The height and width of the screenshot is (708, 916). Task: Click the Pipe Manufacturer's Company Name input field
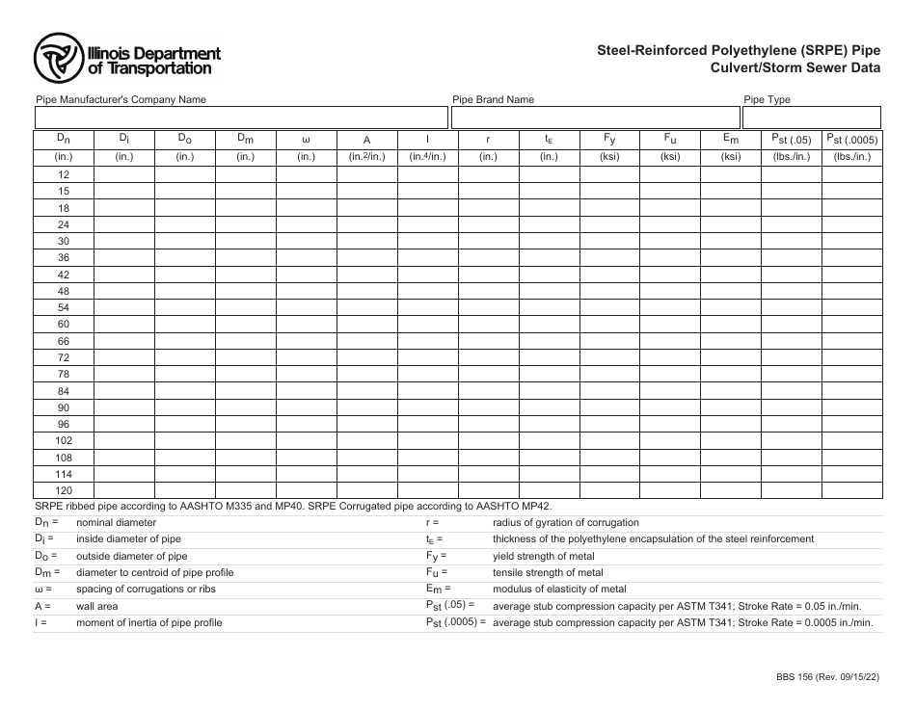241,118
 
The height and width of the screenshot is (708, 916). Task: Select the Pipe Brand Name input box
594,118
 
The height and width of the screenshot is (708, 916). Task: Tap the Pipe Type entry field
811,118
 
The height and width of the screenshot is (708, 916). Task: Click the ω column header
306,140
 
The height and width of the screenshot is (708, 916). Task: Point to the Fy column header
609,140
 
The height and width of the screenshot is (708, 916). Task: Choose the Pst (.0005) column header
851,140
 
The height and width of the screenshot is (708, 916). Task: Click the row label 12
64,174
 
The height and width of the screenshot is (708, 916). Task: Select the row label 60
64,325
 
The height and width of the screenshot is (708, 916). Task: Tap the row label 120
64,490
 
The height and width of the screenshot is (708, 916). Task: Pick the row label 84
64,391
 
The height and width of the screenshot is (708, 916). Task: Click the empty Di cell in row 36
124,257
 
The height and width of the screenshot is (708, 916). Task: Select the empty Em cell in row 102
731,441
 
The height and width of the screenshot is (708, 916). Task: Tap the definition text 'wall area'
97,606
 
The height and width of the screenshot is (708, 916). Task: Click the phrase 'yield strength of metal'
543,556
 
